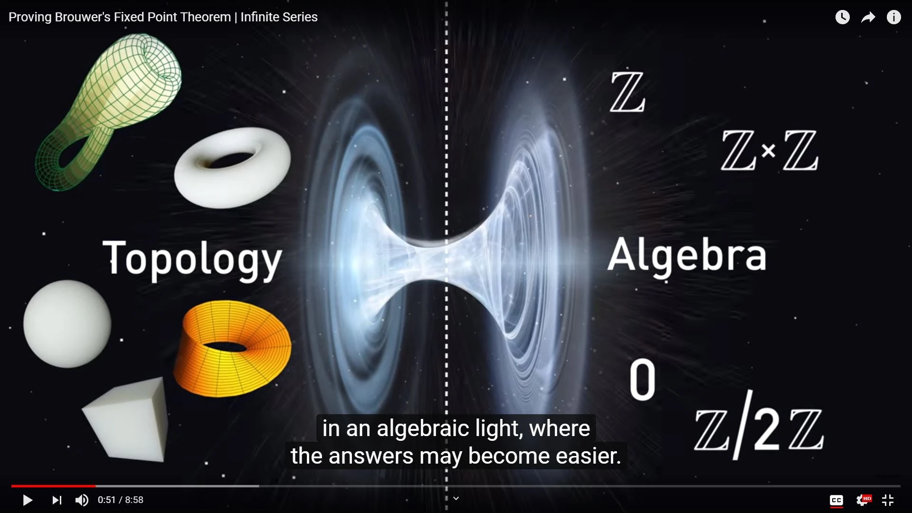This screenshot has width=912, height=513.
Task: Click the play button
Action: click(28, 500)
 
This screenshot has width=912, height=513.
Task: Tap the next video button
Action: click(57, 500)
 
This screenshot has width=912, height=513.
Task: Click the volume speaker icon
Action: click(82, 500)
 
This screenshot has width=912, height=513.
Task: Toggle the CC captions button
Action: click(836, 500)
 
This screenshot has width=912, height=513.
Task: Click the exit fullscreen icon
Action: click(888, 500)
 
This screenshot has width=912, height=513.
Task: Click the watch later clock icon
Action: click(843, 17)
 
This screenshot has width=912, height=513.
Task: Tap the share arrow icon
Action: click(868, 18)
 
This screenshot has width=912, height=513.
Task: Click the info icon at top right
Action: click(894, 17)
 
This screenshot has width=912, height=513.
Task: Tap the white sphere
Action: click(67, 324)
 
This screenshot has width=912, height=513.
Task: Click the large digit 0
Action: click(642, 380)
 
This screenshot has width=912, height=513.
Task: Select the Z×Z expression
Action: click(769, 151)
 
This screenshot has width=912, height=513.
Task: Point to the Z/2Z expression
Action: click(759, 426)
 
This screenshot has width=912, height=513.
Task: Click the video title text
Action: click(163, 17)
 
